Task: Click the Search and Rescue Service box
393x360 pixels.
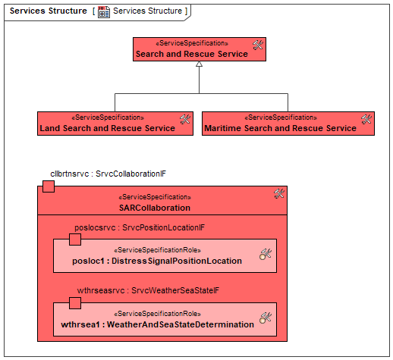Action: click(200, 49)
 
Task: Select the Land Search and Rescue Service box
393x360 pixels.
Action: click(115, 124)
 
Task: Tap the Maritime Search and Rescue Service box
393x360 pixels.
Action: click(288, 124)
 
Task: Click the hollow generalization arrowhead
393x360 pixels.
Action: click(200, 64)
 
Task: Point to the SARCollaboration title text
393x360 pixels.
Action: click(155, 208)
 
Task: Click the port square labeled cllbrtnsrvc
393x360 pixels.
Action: click(49, 186)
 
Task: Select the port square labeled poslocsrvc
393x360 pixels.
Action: click(75, 239)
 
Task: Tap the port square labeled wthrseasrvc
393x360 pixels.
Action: click(75, 303)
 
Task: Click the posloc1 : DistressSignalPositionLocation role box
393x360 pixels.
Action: click(165, 255)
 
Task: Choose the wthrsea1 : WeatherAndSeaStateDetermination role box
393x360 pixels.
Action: click(165, 319)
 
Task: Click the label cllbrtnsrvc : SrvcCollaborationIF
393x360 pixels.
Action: click(108, 174)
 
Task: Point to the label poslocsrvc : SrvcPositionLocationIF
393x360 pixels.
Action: click(140, 227)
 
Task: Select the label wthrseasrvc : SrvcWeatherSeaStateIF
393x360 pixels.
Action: click(148, 290)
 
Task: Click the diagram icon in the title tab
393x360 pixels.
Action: click(104, 12)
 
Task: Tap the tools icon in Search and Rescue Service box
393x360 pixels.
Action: click(258, 45)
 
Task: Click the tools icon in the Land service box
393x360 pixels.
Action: click(185, 119)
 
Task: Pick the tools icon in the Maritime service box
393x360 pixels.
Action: click(366, 119)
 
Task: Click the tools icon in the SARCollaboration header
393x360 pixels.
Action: click(279, 194)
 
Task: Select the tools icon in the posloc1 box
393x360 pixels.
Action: click(266, 254)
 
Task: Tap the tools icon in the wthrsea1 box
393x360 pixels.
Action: click(266, 318)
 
